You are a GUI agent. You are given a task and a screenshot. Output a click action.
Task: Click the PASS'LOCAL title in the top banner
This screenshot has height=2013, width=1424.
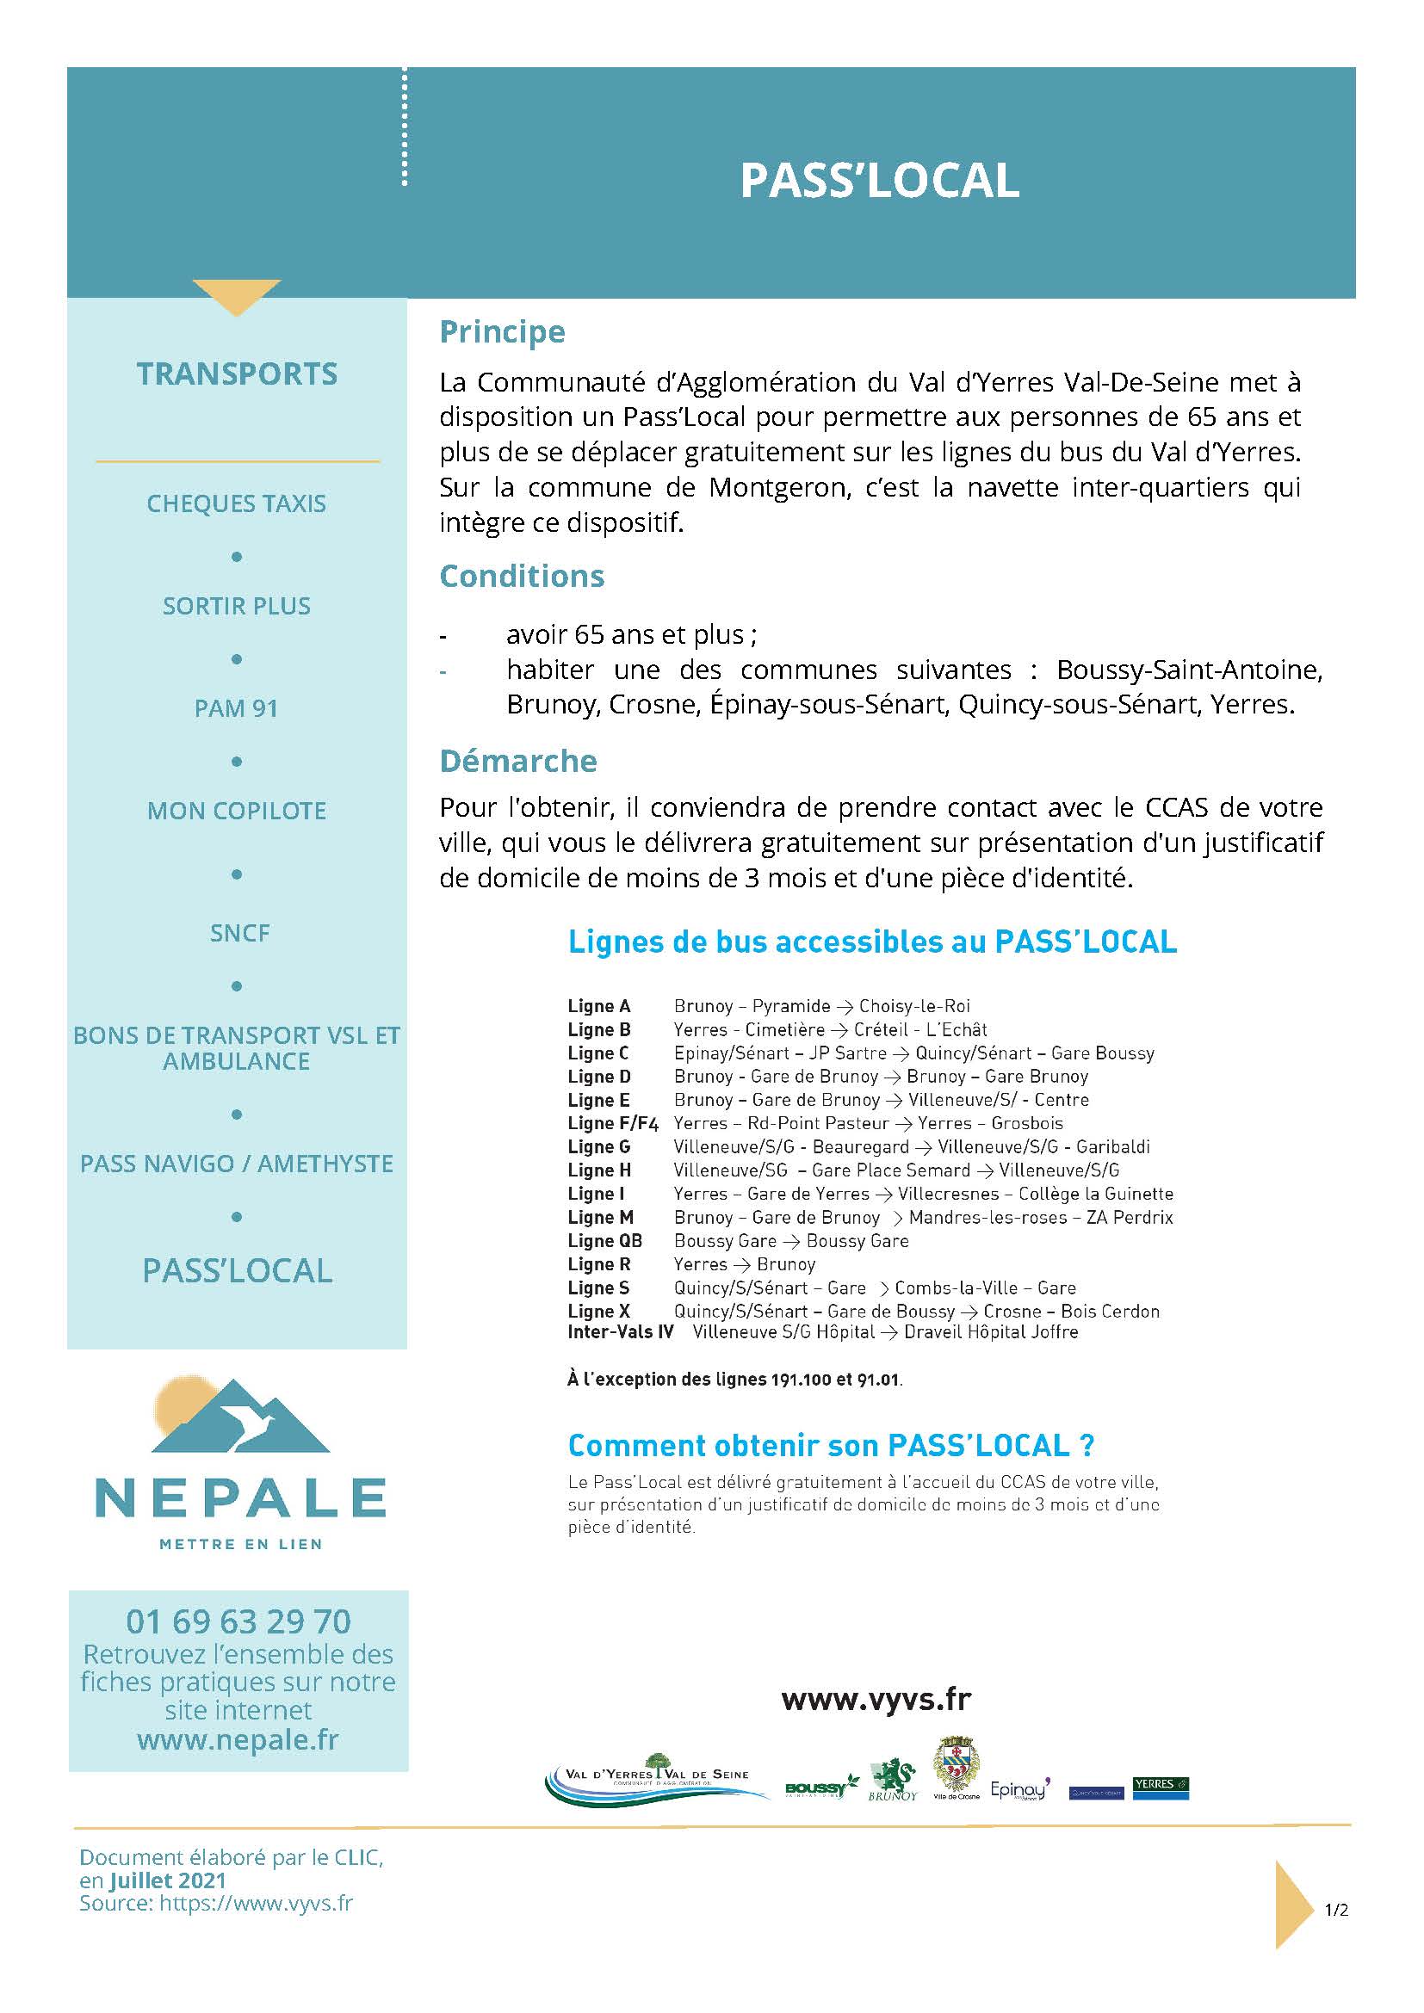click(880, 181)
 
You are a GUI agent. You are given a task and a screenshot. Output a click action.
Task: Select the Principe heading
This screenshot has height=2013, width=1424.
click(503, 331)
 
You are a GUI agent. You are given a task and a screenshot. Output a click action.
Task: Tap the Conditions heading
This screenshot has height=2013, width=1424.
click(522, 576)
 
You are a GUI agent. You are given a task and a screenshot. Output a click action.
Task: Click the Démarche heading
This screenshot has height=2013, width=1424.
click(518, 760)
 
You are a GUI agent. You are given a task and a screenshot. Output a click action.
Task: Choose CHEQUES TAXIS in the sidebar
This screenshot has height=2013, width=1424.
click(237, 503)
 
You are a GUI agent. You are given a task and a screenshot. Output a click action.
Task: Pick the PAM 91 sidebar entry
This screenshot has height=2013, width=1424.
click(237, 707)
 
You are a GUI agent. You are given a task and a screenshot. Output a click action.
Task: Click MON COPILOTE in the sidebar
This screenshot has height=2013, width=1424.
click(237, 810)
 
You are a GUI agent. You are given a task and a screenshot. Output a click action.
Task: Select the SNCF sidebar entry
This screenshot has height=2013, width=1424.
click(239, 932)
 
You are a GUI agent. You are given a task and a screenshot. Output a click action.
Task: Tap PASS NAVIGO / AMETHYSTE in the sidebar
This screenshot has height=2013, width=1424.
click(237, 1164)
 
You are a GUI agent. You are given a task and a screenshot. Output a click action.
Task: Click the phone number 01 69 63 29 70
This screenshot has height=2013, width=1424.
click(238, 1621)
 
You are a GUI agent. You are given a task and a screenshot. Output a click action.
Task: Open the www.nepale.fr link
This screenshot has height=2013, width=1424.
click(238, 1739)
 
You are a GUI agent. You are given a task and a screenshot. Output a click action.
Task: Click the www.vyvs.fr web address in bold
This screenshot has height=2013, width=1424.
click(876, 1699)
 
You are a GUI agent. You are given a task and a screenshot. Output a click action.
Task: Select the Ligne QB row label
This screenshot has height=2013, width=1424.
click(605, 1241)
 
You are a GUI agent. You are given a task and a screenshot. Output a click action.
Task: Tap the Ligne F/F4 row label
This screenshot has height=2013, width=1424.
click(613, 1123)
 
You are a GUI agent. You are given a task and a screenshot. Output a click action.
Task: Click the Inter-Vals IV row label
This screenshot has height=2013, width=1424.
click(621, 1331)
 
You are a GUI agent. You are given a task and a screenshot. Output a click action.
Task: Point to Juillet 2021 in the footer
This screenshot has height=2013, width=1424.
click(168, 1880)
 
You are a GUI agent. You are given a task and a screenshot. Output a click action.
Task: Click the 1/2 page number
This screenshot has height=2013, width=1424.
click(1336, 1909)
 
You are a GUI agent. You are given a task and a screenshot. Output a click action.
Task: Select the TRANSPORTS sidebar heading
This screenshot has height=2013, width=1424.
click(237, 374)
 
